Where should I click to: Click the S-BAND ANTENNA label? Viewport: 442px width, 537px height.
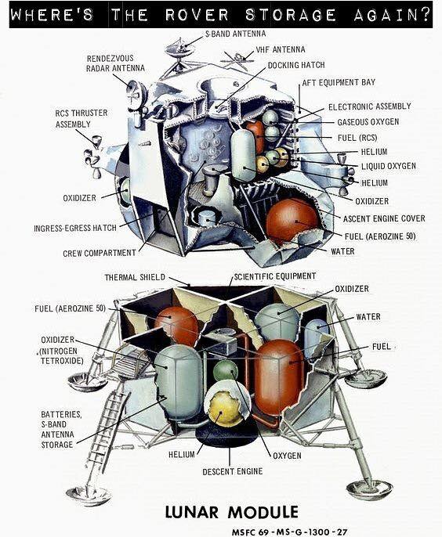point(235,34)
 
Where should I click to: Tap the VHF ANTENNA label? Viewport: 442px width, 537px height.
point(280,49)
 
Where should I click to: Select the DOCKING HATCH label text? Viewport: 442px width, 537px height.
point(296,65)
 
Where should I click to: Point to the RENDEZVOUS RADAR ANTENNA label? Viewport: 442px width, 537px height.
point(115,63)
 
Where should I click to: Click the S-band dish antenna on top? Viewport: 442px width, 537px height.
point(179,48)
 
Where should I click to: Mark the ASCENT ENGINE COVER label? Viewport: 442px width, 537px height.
point(384,218)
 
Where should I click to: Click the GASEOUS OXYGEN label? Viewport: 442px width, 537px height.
point(368,122)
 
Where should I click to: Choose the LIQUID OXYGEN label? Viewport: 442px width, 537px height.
point(389,166)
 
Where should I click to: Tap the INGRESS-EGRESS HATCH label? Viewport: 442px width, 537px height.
point(75,228)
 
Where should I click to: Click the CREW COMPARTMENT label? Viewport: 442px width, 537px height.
point(100,253)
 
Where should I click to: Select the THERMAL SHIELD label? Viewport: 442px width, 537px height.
point(135,277)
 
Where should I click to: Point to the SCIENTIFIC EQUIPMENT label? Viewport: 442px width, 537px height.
point(274,276)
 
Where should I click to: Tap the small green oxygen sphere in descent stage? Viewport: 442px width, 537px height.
point(225,370)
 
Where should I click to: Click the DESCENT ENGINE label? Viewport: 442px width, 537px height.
point(233,471)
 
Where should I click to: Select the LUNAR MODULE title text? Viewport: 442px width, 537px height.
point(231,512)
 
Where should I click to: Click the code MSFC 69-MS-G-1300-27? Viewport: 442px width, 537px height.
point(289,532)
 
